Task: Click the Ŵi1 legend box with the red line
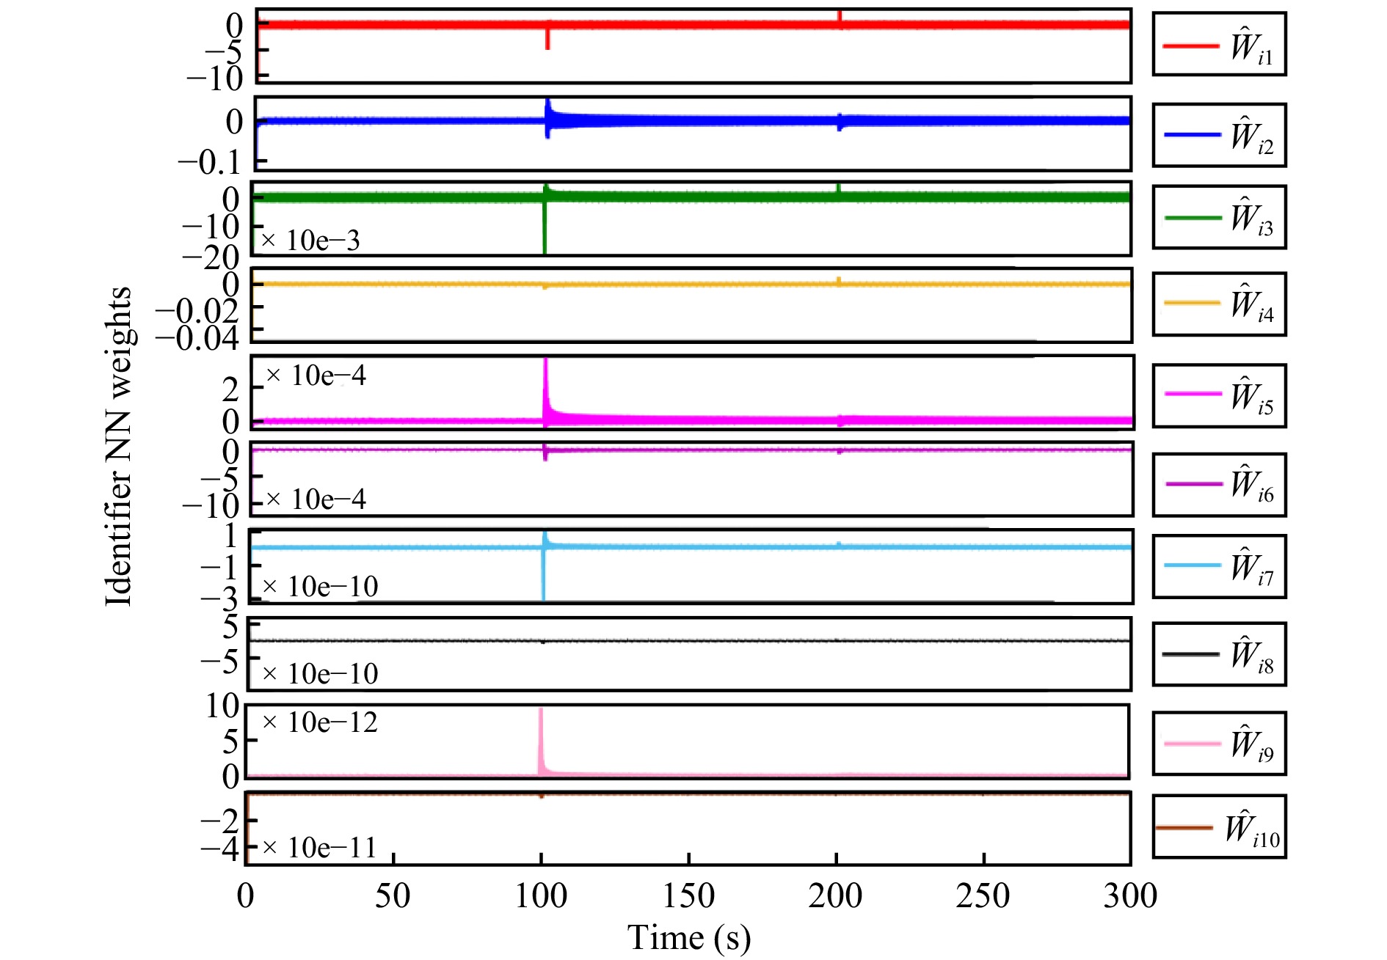(1219, 44)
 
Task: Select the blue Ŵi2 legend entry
(1219, 135)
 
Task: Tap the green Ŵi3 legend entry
(1219, 217)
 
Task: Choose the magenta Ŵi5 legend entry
(1219, 395)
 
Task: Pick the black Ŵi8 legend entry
(1219, 653)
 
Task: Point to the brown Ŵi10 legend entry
(1219, 827)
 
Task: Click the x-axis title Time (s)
(688, 938)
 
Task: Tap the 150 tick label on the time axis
(688, 896)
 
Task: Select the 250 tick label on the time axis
(983, 896)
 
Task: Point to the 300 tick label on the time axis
(1130, 896)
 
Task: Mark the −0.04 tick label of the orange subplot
(197, 339)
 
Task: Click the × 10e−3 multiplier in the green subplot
(311, 241)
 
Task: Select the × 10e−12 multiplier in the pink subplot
(320, 722)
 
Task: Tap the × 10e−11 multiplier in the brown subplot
(319, 848)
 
